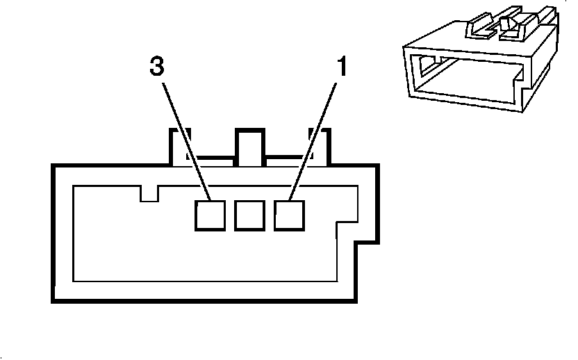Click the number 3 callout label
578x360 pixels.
pyautogui.click(x=158, y=67)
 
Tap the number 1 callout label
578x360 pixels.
pyautogui.click(x=341, y=67)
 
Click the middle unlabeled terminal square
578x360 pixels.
pyautogui.click(x=250, y=215)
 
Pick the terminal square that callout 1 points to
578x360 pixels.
pyautogui.click(x=290, y=215)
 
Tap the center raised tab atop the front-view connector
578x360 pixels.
pyautogui.click(x=250, y=146)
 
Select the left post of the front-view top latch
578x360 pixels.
pyautogui.click(x=179, y=146)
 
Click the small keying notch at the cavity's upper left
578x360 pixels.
pyautogui.click(x=149, y=193)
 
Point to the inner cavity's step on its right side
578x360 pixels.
pyautogui.click(x=346, y=224)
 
